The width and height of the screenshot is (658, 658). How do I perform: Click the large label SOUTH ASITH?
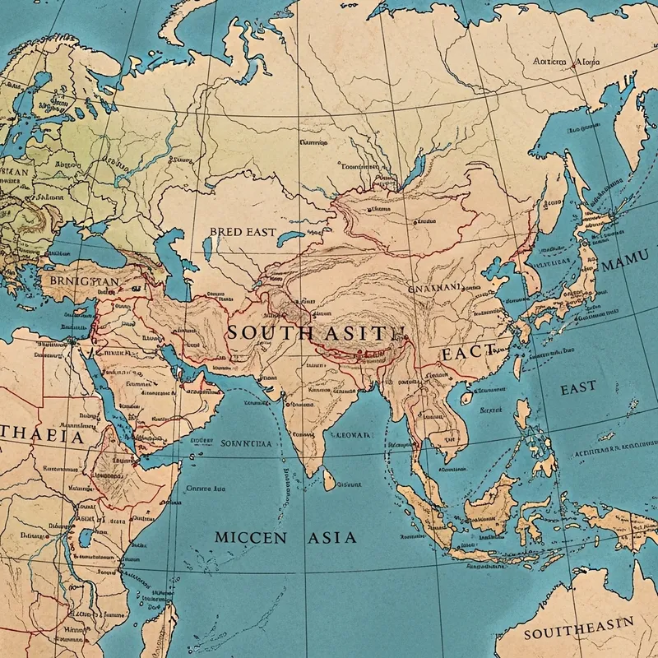317,333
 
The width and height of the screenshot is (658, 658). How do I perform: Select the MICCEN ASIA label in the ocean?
285,537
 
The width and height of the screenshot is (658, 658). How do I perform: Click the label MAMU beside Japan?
624,266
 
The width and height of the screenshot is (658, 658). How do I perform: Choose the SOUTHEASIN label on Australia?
579,633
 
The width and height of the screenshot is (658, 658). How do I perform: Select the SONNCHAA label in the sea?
246,443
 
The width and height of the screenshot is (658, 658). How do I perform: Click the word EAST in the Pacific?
578,388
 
